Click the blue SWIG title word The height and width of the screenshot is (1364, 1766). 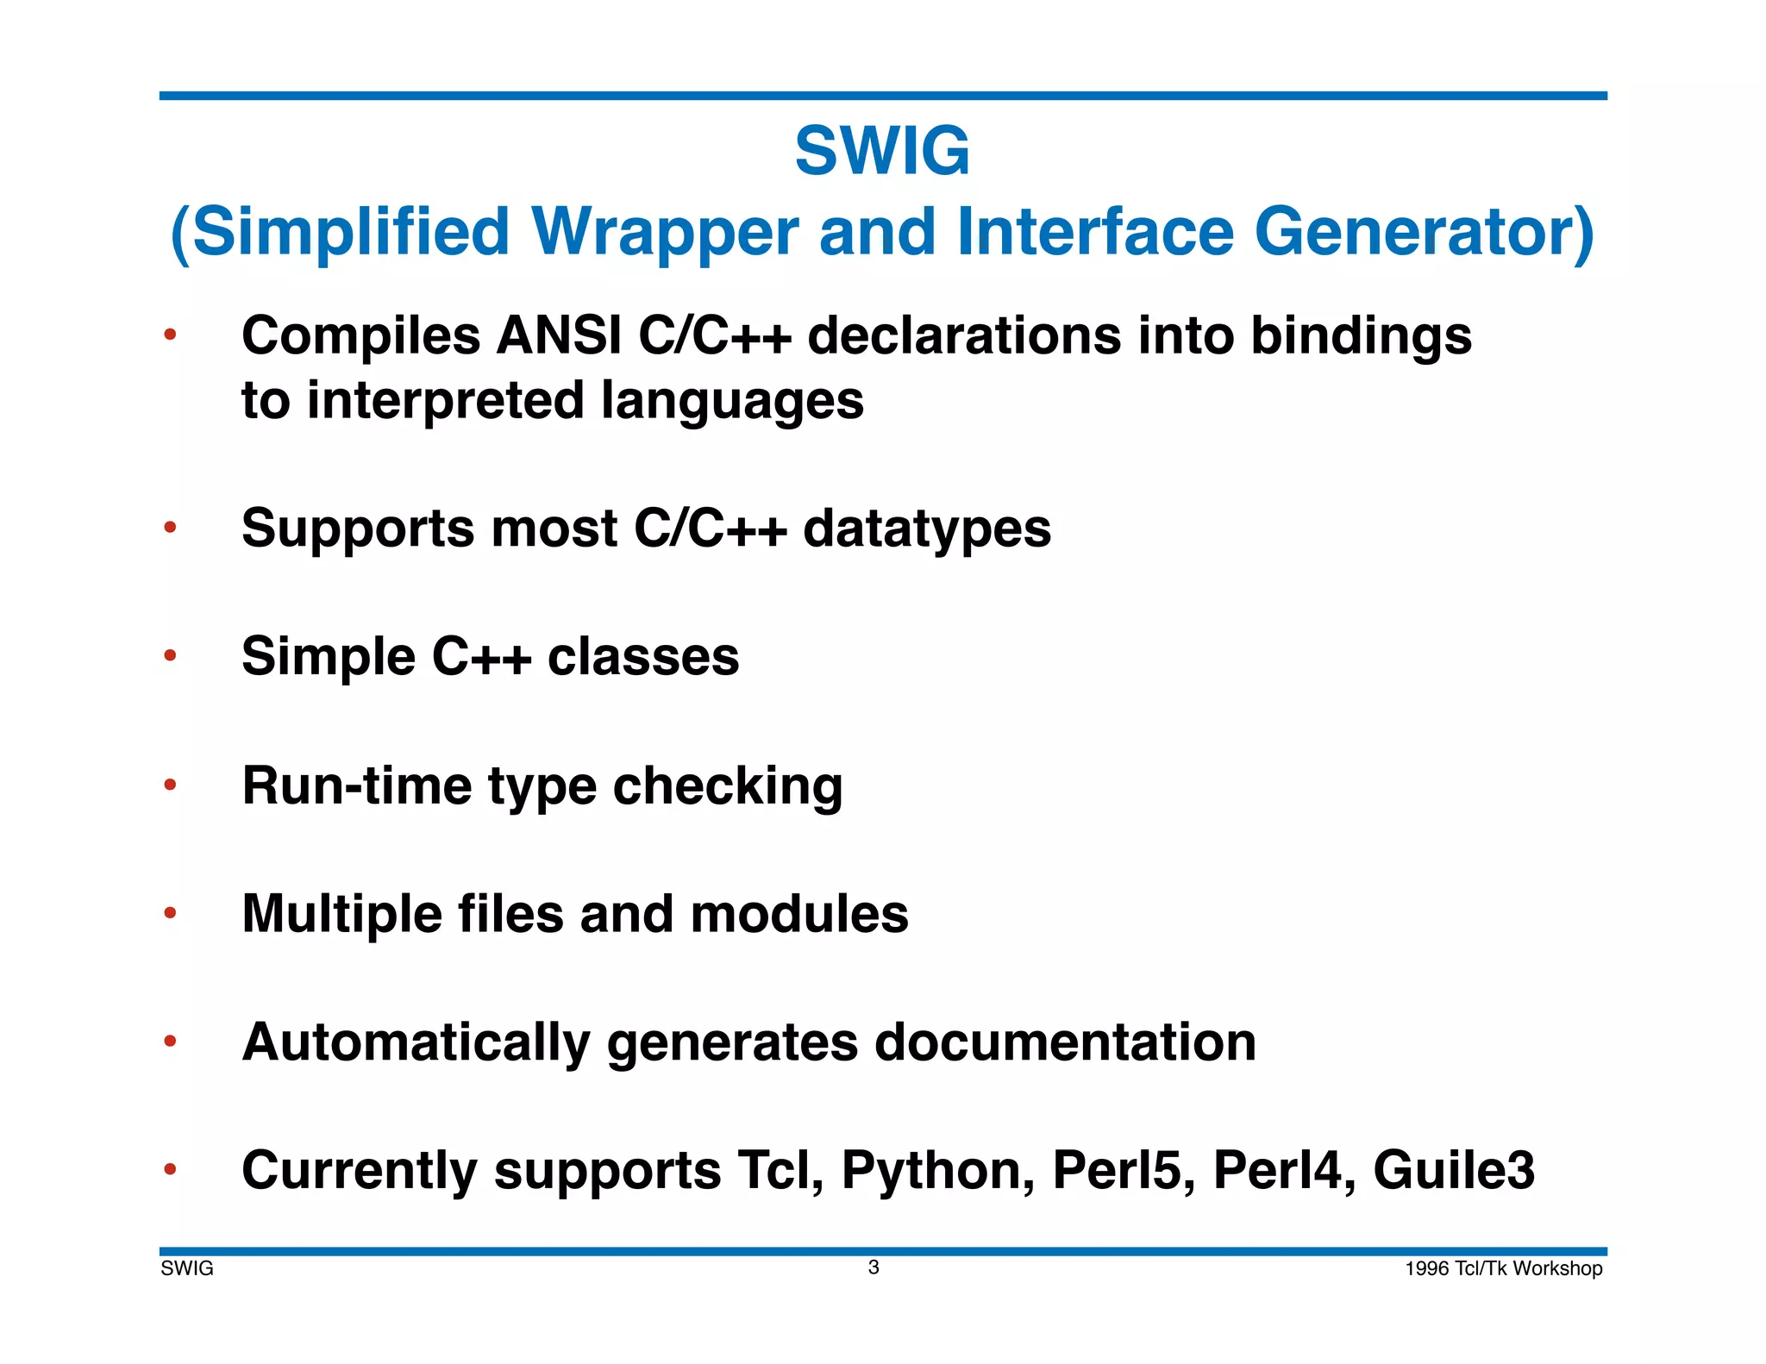tap(882, 152)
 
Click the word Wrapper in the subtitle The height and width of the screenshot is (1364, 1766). tap(665, 232)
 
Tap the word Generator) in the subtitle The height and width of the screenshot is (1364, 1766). tap(1424, 232)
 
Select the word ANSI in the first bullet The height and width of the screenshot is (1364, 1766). tap(558, 335)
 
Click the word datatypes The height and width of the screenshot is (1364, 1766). tap(927, 529)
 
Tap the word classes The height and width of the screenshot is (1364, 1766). tap(643, 657)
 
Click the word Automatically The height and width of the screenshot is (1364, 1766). tap(416, 1044)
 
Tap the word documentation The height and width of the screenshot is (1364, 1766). tap(1065, 1042)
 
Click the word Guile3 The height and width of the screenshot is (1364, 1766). tap(1454, 1171)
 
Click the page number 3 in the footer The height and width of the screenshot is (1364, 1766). tap(874, 1267)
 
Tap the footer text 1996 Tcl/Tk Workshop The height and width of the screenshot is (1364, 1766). tap(1503, 1269)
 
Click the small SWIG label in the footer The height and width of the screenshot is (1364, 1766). tap(187, 1269)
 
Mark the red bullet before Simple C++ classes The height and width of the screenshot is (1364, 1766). tap(170, 656)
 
